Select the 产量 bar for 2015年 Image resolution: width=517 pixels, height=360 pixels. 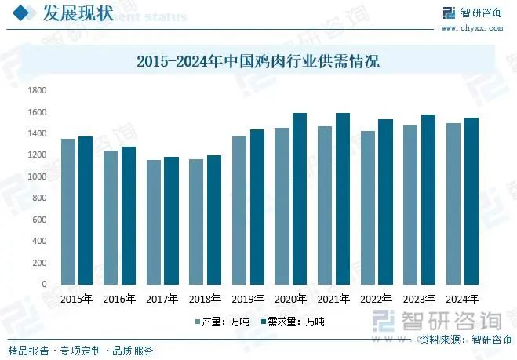point(68,211)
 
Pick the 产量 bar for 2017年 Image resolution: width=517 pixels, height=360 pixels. point(154,222)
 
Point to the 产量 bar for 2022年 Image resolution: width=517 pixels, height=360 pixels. point(367,207)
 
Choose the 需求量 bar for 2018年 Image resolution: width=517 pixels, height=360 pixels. point(213,220)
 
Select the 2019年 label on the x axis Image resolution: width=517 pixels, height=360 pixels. point(248,299)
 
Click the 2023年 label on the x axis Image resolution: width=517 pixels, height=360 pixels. point(419,299)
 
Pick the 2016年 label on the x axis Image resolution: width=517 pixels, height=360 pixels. point(119,299)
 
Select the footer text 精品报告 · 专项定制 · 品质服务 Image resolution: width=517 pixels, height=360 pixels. point(81,351)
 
